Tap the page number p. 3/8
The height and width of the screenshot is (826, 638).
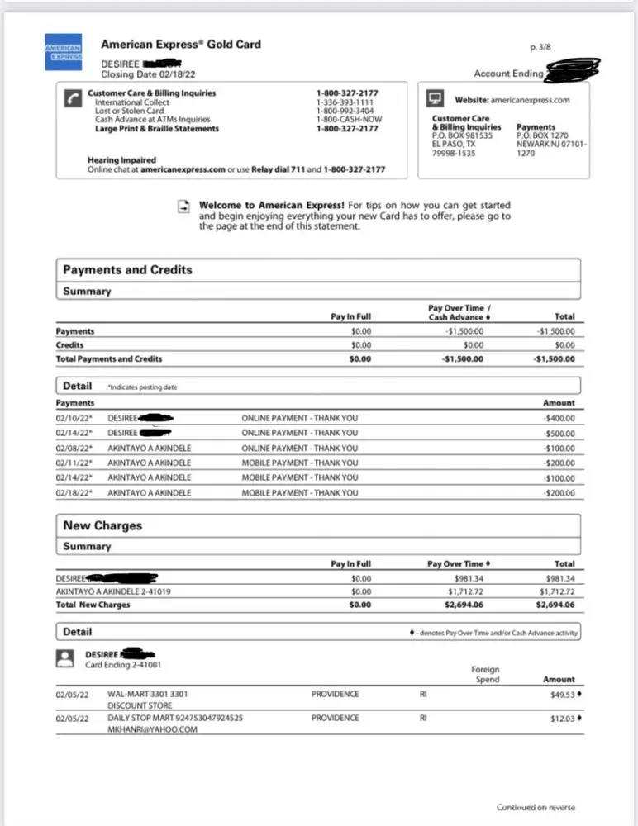pos(545,49)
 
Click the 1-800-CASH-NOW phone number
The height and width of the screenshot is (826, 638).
pos(350,120)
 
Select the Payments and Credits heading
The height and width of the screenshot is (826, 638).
pos(127,270)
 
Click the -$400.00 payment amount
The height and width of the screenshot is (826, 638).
pos(559,419)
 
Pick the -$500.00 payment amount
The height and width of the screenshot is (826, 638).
pos(559,434)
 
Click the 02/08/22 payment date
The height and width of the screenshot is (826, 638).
pos(74,449)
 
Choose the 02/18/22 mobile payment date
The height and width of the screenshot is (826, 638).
pos(74,493)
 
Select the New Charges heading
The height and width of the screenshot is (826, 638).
pos(102,526)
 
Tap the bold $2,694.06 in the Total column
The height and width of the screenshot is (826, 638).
pos(555,605)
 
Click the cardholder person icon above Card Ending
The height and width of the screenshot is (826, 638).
pos(64,657)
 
